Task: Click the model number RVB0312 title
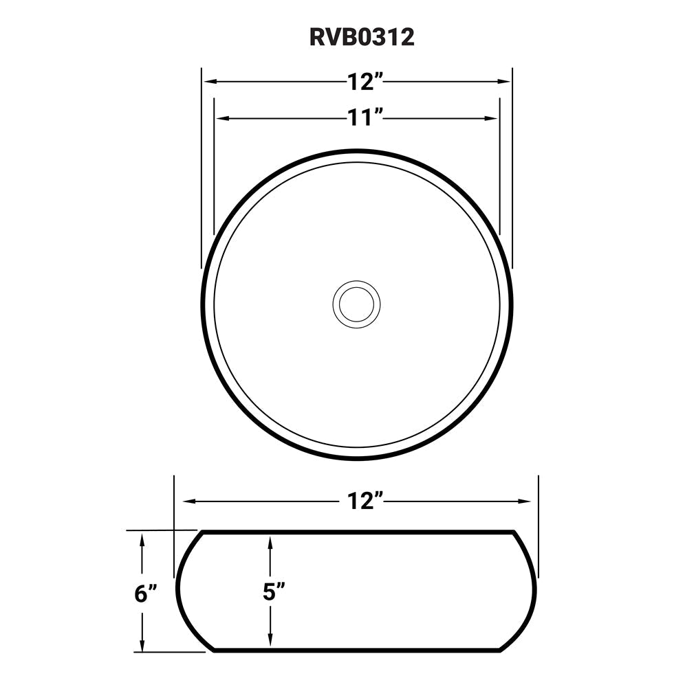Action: point(362,37)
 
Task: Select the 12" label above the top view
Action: point(364,82)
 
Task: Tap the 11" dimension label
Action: point(364,118)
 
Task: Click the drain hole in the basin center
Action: point(356,303)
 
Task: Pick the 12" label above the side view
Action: point(364,502)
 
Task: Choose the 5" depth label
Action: point(273,593)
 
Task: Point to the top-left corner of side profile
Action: point(200,532)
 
